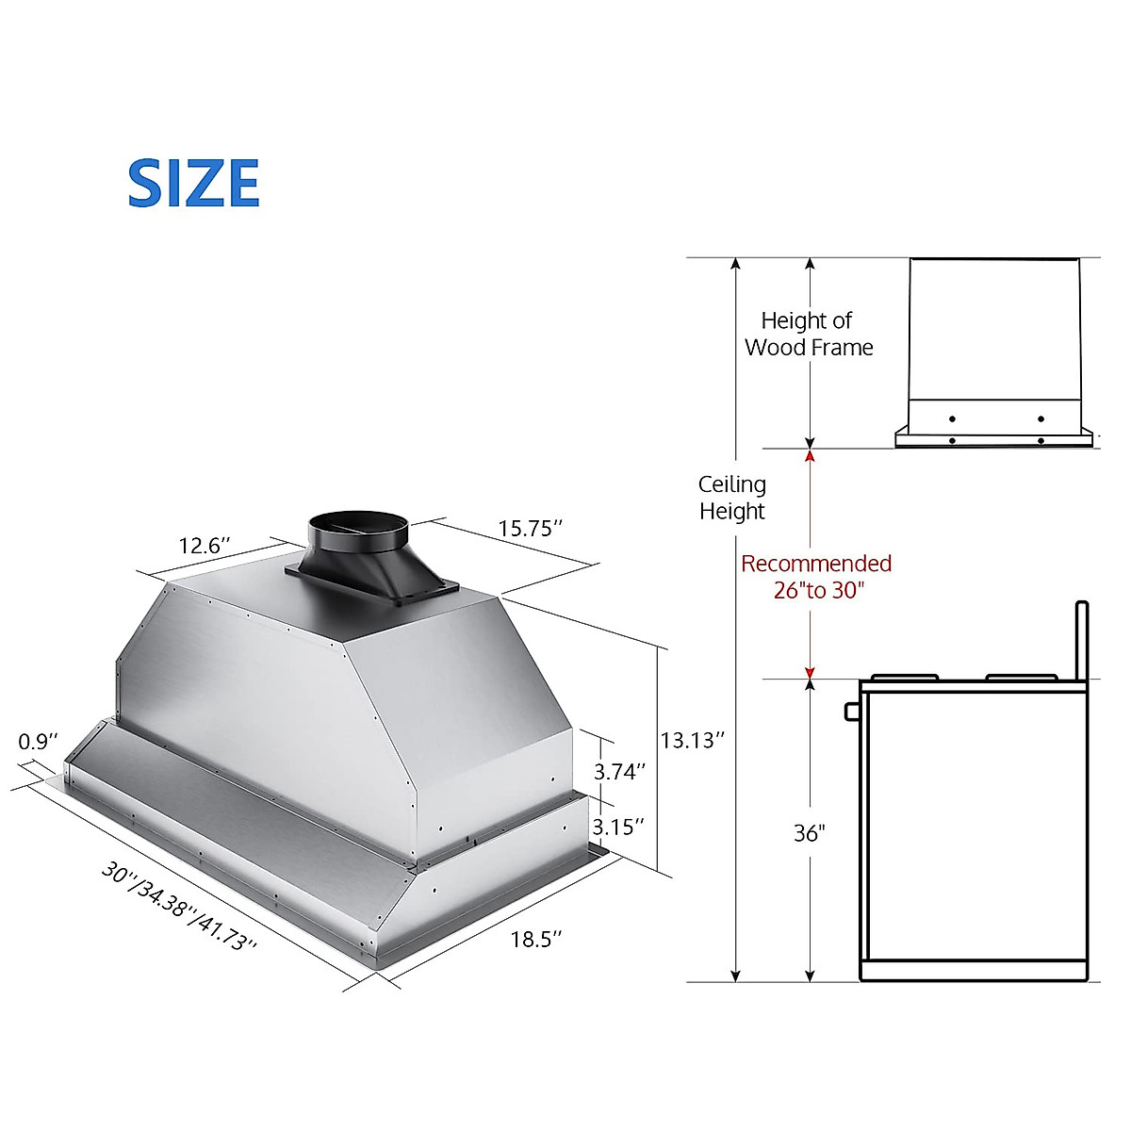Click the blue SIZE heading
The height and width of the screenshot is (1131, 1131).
click(193, 184)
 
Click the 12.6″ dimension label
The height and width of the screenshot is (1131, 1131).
click(205, 546)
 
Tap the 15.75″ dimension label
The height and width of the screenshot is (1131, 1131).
click(531, 528)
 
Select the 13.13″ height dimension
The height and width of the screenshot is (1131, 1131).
click(692, 740)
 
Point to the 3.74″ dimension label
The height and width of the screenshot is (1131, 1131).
click(619, 771)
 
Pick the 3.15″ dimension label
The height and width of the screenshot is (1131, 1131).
click(618, 826)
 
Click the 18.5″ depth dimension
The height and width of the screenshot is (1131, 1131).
click(536, 939)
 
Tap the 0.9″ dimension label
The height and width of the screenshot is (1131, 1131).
click(39, 742)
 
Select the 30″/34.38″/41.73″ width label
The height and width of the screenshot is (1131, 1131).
click(179, 907)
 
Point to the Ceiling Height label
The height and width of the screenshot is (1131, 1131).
click(732, 498)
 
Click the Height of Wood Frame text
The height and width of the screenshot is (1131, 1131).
click(809, 335)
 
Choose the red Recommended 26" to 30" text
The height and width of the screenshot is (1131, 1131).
click(816, 577)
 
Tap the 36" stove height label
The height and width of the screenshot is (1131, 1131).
click(809, 833)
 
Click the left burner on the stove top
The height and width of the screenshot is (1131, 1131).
click(904, 677)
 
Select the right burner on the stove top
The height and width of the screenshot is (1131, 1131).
click(1021, 677)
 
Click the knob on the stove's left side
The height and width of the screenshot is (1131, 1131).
click(852, 711)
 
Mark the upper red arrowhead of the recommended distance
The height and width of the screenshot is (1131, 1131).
click(810, 456)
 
